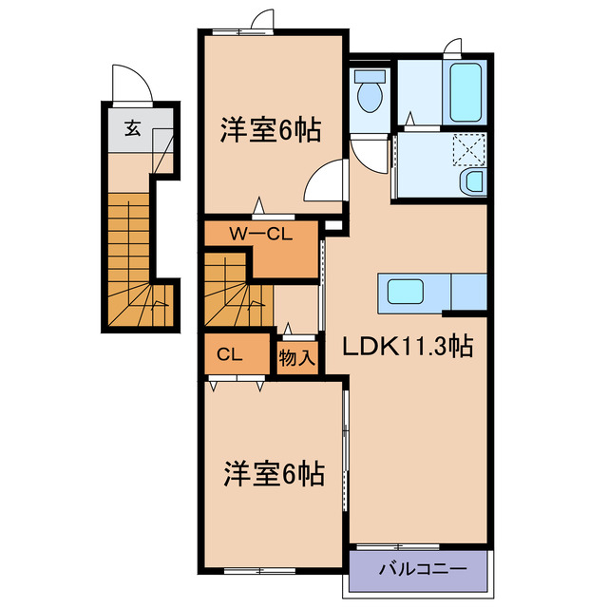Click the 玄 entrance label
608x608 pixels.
133,130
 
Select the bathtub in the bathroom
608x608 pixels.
465,90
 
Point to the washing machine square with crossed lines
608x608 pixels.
467,148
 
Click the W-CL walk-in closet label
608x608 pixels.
258,234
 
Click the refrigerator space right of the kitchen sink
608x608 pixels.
469,290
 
